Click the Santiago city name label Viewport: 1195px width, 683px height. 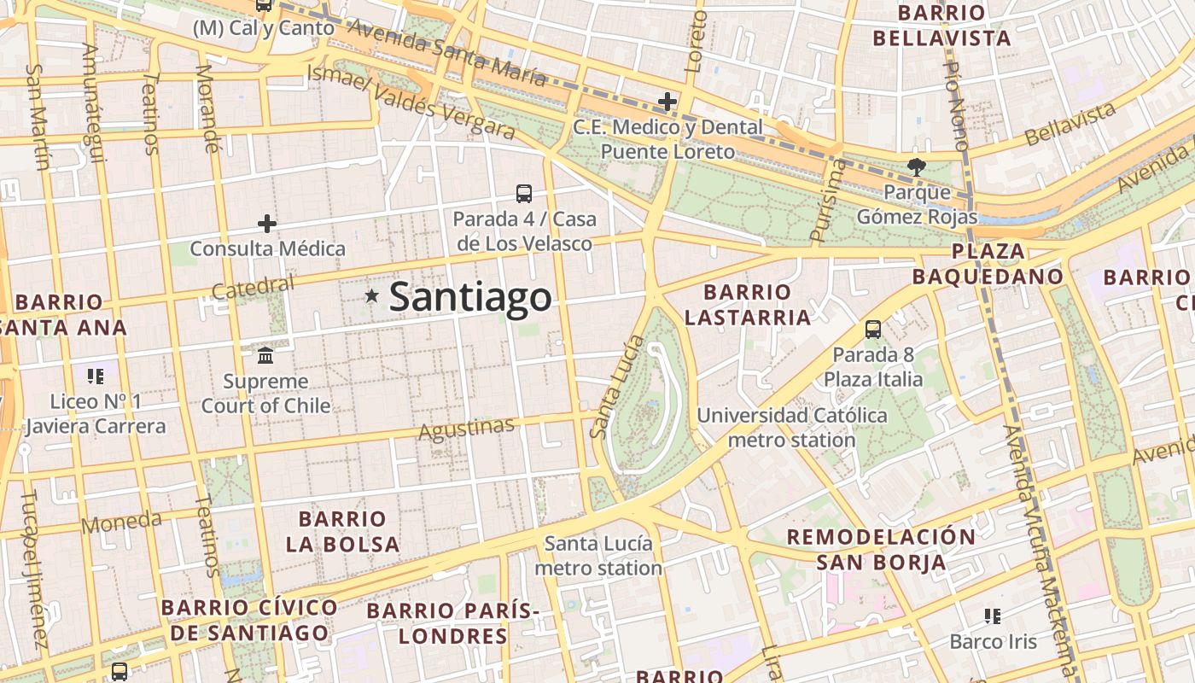[470, 297]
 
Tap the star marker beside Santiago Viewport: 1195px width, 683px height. [371, 296]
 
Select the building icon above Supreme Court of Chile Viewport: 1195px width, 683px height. [265, 354]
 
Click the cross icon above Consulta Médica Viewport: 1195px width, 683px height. [267, 224]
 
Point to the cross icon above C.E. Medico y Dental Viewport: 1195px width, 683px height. [667, 102]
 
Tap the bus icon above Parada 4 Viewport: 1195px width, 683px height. [524, 194]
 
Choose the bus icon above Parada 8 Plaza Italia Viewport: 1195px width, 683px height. [873, 330]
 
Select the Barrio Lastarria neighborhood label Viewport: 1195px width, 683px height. [748, 305]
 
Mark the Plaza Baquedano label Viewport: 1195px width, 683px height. [988, 264]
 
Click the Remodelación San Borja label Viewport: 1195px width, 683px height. [881, 549]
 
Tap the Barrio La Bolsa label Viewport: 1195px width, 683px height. [343, 531]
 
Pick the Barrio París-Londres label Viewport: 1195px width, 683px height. [453, 623]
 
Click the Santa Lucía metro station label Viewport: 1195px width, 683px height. [598, 556]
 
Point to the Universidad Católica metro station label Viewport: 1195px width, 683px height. [792, 428]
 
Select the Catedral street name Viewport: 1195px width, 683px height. [253, 288]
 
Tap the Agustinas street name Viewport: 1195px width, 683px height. [466, 429]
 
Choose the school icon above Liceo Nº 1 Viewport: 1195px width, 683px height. [96, 376]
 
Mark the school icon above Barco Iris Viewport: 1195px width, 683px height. [992, 616]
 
